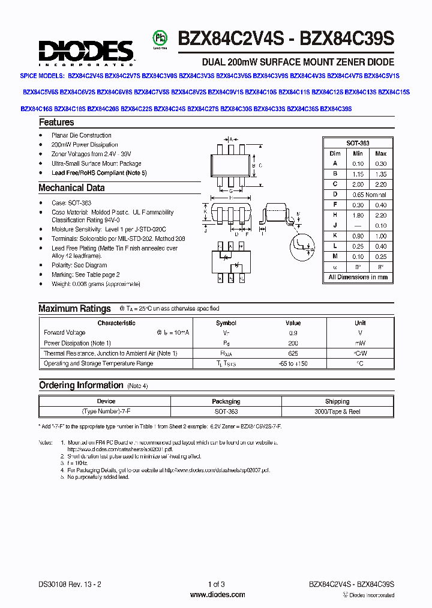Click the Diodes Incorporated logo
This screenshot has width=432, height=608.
coord(86,52)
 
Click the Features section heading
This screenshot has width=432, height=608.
coord(56,123)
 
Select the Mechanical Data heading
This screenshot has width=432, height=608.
coord(71,188)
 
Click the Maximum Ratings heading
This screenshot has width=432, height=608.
coord(74,309)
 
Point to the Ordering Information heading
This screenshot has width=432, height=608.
coord(80,385)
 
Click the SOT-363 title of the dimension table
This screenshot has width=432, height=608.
coord(358,144)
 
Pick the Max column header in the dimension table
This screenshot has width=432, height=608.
coord(380,153)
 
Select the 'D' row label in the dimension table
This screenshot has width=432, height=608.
coord(335,195)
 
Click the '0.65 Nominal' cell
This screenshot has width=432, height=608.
coord(368,195)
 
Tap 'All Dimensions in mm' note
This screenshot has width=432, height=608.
coord(358,278)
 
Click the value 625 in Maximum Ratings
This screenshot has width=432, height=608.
coord(293,353)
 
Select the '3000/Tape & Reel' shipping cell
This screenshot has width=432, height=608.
coord(337,412)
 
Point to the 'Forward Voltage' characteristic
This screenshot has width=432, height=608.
coord(65,333)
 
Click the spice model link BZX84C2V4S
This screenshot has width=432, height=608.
coord(85,76)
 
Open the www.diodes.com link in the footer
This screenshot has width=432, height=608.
coord(217,595)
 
